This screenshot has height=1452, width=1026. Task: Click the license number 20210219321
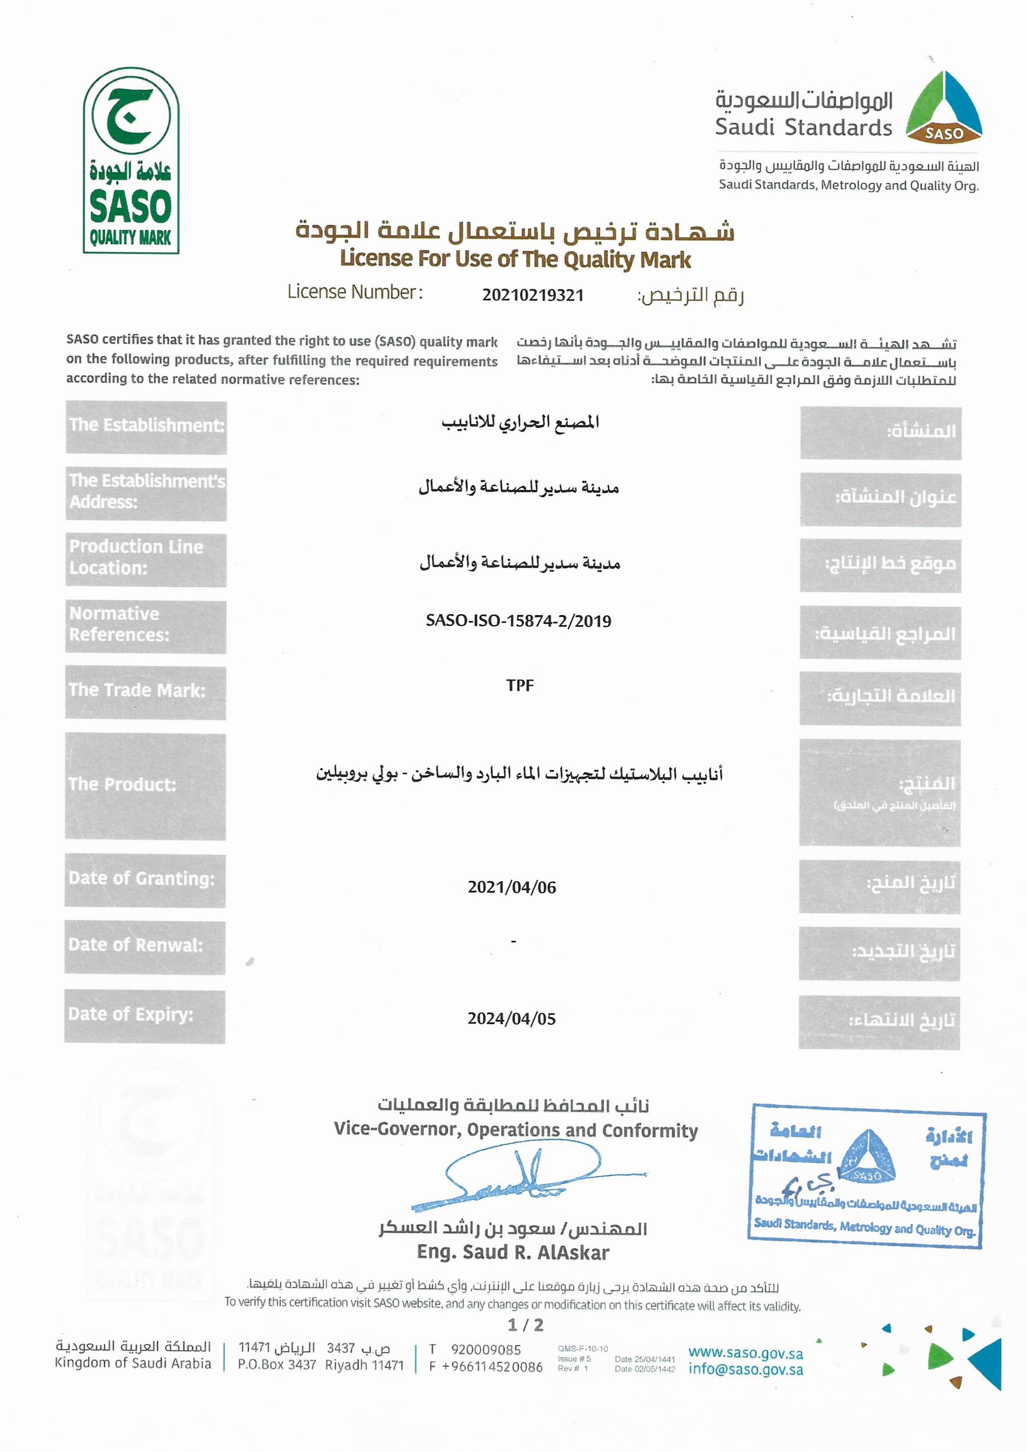click(532, 295)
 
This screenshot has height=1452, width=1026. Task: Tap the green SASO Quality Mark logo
click(131, 161)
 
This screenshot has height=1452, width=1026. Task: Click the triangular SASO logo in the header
click(943, 107)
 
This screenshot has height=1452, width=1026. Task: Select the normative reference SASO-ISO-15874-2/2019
click(518, 621)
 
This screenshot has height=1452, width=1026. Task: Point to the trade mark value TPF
click(520, 686)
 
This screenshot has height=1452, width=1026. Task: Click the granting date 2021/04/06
click(511, 887)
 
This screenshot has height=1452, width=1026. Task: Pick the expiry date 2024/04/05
click(511, 1018)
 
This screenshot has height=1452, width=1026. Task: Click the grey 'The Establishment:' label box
click(146, 427)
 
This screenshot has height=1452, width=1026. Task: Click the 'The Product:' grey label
click(145, 785)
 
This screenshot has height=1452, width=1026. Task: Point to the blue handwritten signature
click(518, 1179)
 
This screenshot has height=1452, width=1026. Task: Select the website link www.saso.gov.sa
click(745, 1353)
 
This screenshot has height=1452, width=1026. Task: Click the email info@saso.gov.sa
click(745, 1370)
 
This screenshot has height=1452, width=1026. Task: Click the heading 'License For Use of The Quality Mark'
click(515, 259)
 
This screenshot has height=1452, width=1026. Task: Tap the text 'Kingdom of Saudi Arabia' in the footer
click(133, 1363)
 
